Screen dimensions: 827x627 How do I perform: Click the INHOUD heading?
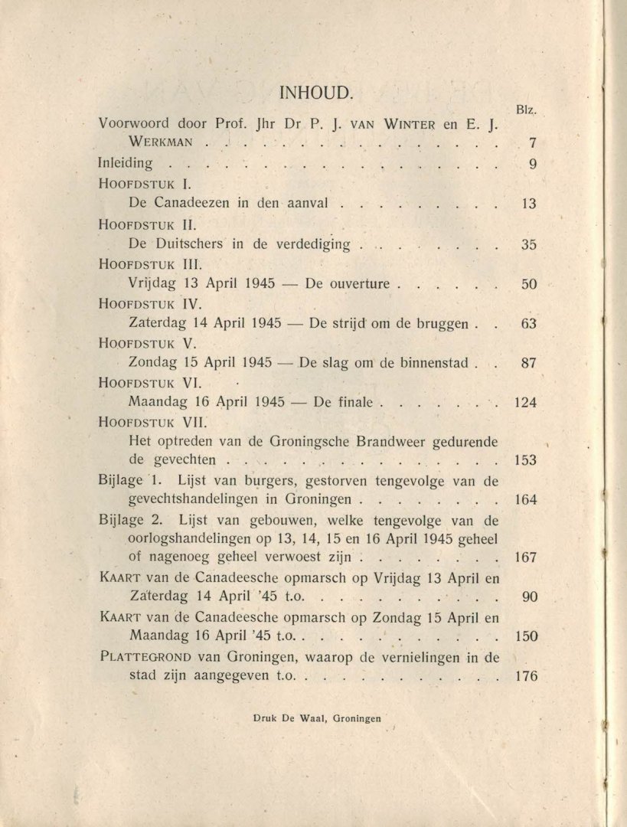[x=315, y=94]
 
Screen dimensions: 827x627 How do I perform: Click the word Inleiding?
[x=126, y=163]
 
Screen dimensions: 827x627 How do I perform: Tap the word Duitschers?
[x=188, y=244]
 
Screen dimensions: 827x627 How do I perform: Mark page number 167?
[x=525, y=558]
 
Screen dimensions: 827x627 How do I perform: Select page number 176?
[x=525, y=676]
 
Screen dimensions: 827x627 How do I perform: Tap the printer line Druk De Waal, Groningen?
[x=315, y=719]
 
